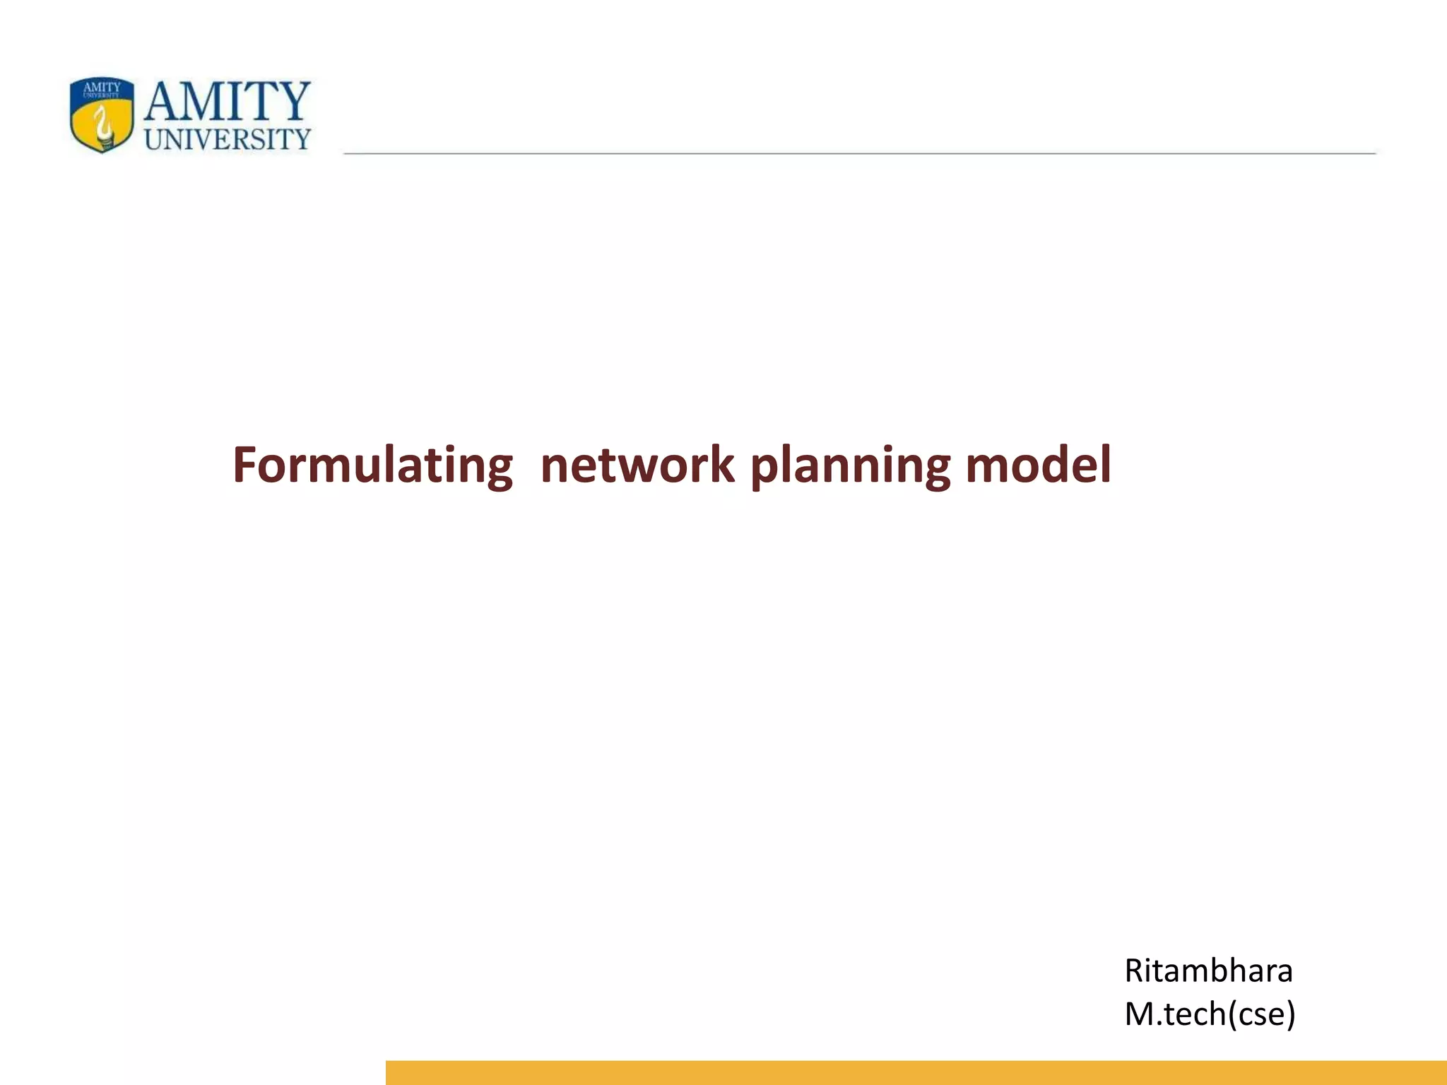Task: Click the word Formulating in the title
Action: [372, 466]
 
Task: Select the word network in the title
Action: [637, 466]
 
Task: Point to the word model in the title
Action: [1038, 466]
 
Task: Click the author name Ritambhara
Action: [1208, 971]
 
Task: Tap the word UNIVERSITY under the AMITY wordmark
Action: [228, 139]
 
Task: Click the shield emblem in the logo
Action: [102, 114]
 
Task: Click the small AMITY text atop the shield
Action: [102, 87]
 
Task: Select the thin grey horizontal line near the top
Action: [859, 153]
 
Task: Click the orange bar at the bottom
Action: [916, 1072]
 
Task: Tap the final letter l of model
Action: [1105, 464]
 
